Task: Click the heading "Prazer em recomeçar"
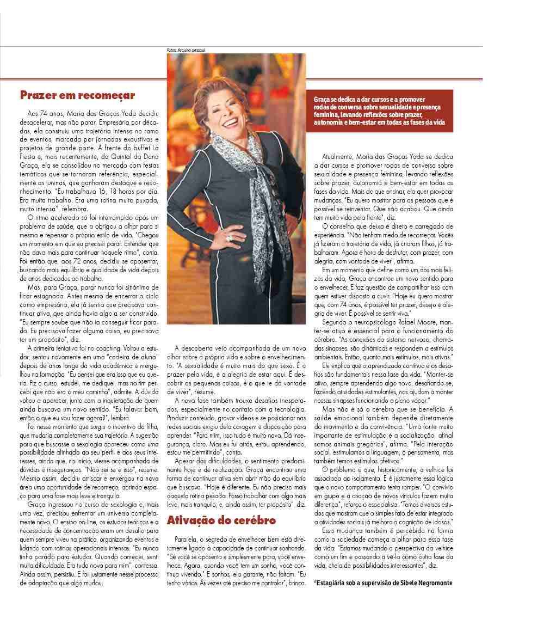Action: pos(77,96)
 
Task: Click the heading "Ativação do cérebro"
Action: pos(221,520)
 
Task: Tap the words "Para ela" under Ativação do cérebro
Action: pos(185,539)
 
